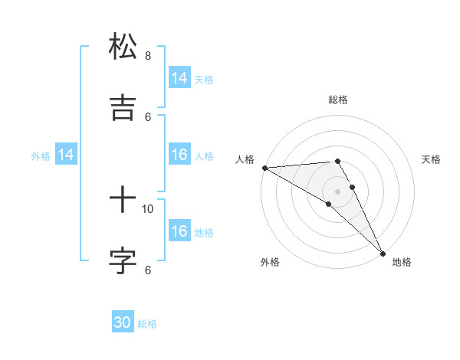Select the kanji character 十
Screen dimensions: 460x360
click(x=123, y=201)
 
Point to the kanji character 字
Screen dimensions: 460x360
click(x=123, y=261)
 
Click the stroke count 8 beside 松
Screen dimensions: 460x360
click(x=148, y=55)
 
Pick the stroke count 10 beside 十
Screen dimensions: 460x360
click(x=148, y=208)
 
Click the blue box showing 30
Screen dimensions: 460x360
click(x=123, y=322)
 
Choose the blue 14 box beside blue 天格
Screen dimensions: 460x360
click(x=179, y=78)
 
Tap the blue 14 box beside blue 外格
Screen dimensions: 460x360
click(x=66, y=155)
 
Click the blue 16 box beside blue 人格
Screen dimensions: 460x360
click(x=179, y=155)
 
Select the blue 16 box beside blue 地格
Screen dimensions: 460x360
click(x=179, y=232)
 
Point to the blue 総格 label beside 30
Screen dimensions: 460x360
click(x=147, y=324)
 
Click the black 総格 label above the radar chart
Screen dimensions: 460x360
click(x=338, y=100)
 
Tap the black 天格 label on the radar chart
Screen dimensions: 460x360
click(x=432, y=159)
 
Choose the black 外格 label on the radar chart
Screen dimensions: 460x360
click(x=270, y=262)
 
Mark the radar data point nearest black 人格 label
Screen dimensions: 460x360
click(x=264, y=168)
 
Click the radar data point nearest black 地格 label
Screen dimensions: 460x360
click(x=383, y=253)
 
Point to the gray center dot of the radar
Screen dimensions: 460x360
click(x=338, y=191)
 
